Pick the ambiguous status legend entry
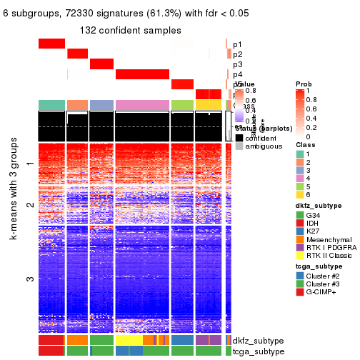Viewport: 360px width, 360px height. pos(239,147)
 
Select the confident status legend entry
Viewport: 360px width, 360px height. pos(239,137)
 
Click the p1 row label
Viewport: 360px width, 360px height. pos(237,44)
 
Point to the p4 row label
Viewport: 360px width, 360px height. pos(237,74)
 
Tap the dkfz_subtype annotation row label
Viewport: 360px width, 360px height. pos(254,341)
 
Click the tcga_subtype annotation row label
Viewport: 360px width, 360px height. pos(254,351)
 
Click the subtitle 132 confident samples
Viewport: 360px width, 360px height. pos(130,30)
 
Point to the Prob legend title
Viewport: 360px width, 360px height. pos(303,85)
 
